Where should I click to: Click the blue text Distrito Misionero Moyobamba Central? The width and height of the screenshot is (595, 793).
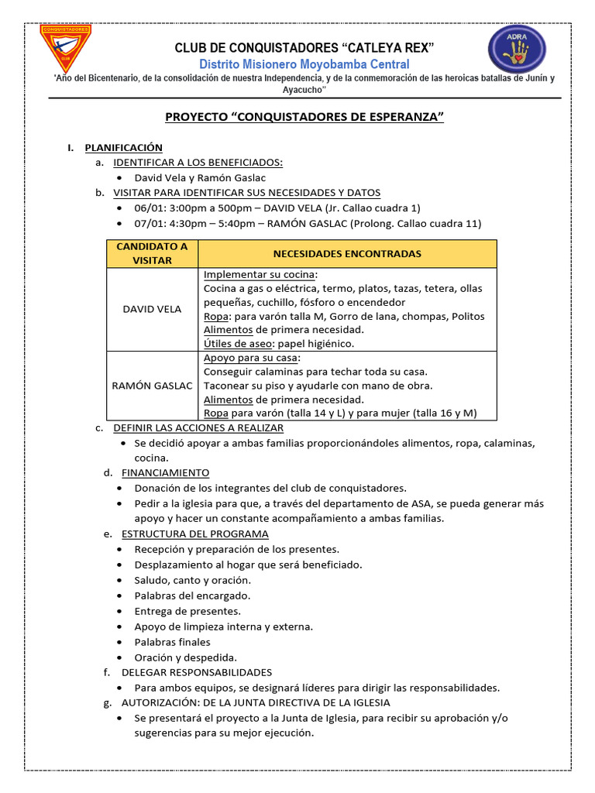(304, 64)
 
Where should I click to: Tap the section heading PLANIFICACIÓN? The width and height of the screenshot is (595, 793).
(123, 147)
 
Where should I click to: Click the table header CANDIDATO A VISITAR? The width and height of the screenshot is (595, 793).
(152, 253)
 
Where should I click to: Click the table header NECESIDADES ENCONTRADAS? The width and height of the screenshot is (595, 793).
(347, 253)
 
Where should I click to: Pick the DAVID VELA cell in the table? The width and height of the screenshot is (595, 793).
(152, 309)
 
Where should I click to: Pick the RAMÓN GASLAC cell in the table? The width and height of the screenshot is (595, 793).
(152, 386)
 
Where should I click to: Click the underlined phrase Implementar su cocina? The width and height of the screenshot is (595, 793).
(260, 275)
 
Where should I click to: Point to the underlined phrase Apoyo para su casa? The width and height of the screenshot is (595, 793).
(252, 358)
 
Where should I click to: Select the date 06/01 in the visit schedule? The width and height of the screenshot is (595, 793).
(148, 208)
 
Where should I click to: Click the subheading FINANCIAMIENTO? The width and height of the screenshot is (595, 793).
(165, 472)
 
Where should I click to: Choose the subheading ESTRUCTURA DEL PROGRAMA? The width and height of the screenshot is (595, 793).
(194, 534)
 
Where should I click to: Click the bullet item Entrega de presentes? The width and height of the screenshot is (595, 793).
(187, 611)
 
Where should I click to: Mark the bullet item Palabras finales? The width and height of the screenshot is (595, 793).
(172, 642)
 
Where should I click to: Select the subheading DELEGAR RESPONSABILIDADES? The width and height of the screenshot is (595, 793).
(196, 672)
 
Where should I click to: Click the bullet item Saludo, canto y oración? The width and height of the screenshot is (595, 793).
(192, 580)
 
